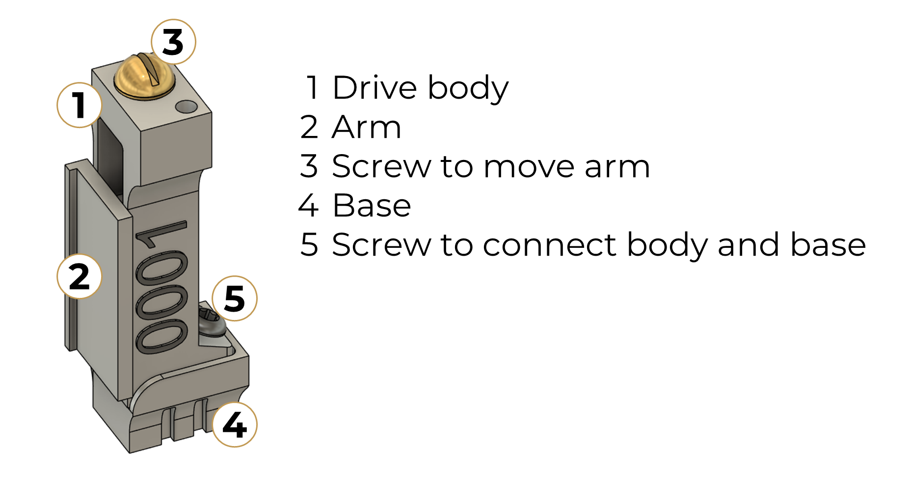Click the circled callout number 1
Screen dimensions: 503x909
(x=79, y=105)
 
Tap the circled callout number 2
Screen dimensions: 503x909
(x=79, y=276)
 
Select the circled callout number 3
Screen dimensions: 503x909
(x=173, y=42)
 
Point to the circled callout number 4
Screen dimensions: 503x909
(x=235, y=424)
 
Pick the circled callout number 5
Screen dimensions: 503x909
(x=235, y=298)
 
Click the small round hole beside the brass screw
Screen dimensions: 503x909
(x=187, y=106)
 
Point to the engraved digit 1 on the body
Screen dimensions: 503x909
(x=160, y=235)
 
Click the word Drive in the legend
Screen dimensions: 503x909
(x=375, y=88)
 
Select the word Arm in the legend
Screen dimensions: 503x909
(x=367, y=128)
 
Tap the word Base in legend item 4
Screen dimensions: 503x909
(x=372, y=206)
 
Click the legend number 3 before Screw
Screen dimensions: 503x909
(x=309, y=166)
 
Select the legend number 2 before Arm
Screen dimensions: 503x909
(x=309, y=128)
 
